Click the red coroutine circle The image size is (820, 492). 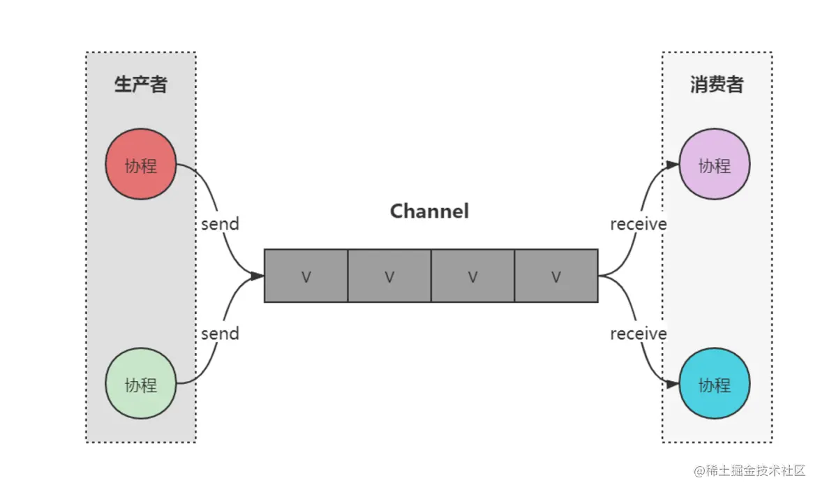[x=141, y=164]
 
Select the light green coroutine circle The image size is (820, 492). [x=141, y=384]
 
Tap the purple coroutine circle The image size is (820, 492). [x=715, y=164]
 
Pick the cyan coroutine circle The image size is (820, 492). [x=715, y=384]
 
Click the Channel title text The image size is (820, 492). [x=429, y=211]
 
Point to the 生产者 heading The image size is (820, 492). [x=141, y=84]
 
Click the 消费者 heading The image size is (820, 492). [x=717, y=84]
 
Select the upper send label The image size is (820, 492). [x=220, y=224]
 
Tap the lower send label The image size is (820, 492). [x=220, y=334]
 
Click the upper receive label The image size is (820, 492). [x=639, y=224]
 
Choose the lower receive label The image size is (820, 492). [x=639, y=334]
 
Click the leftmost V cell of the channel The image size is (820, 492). [x=306, y=276]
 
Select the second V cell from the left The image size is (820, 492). [x=389, y=276]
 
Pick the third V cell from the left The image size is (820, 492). [x=472, y=276]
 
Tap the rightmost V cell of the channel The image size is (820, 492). [x=556, y=276]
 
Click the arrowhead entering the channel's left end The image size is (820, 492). [x=258, y=276]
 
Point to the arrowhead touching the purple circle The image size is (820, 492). [x=673, y=165]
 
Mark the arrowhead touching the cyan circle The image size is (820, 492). [x=673, y=384]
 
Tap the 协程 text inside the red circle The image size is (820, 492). [x=141, y=165]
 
